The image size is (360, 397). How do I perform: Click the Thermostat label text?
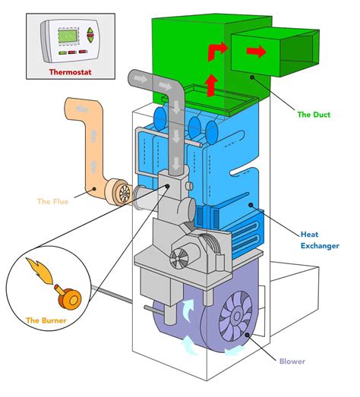[70, 72]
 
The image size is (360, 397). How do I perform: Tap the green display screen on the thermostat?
[68, 36]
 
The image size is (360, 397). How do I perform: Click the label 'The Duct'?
[314, 115]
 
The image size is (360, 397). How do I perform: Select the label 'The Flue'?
[52, 202]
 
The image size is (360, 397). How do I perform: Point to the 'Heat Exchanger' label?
[320, 240]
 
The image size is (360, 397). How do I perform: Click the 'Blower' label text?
[292, 361]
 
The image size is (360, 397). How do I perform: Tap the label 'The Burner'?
[46, 320]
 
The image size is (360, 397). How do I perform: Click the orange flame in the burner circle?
[39, 271]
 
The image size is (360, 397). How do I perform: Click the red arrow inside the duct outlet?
[256, 52]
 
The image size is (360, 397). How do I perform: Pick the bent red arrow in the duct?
[217, 52]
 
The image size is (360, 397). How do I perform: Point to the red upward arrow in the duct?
[212, 86]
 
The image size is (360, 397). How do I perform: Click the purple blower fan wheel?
[236, 316]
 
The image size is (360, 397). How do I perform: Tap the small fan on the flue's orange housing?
[125, 194]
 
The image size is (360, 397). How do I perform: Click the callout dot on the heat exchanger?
[251, 205]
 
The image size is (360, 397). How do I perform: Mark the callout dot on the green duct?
[252, 77]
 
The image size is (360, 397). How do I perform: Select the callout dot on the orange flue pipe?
[94, 188]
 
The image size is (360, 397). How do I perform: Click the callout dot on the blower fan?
[247, 335]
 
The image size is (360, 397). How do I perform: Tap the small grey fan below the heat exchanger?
[178, 259]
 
